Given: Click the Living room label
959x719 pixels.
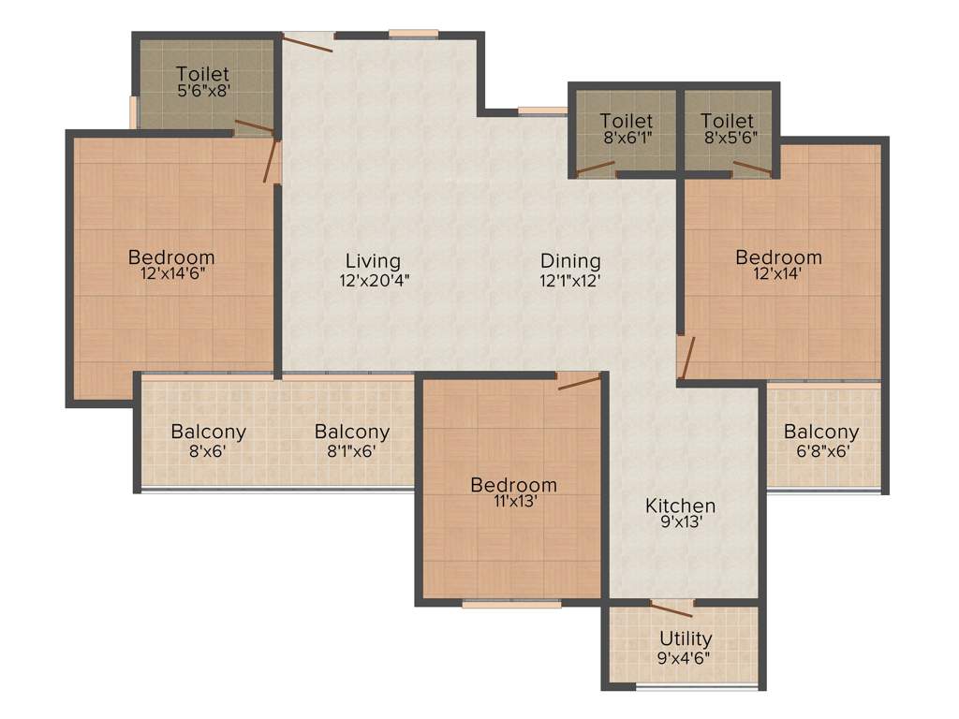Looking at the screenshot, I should pyautogui.click(x=373, y=261).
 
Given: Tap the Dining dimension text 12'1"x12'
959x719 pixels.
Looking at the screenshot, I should pyautogui.click(x=569, y=279).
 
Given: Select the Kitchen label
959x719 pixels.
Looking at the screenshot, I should pyautogui.click(x=680, y=506).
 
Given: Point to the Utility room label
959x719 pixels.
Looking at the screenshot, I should pyautogui.click(x=686, y=638).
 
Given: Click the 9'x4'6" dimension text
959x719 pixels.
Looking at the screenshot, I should pyautogui.click(x=685, y=656).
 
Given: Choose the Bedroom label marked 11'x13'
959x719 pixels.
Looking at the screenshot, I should pyautogui.click(x=513, y=485).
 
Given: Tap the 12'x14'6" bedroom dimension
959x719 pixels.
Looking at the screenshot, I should pyautogui.click(x=171, y=273).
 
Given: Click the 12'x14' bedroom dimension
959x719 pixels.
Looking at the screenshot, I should pyautogui.click(x=778, y=274).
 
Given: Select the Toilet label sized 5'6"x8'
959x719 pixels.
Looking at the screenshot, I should pyautogui.click(x=202, y=74).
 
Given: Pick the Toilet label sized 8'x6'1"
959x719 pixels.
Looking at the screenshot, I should pyautogui.click(x=627, y=121).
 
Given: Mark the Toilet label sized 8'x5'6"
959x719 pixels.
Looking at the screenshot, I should pyautogui.click(x=727, y=121).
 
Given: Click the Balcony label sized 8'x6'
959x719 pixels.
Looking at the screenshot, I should pyautogui.click(x=208, y=432).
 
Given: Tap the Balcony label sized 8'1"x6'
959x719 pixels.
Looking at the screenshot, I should pyautogui.click(x=352, y=432).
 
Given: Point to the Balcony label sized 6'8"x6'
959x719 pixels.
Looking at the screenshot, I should pyautogui.click(x=821, y=432).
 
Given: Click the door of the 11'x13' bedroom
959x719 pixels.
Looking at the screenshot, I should pyautogui.click(x=579, y=381).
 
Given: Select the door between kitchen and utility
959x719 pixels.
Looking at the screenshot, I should pyautogui.click(x=671, y=609).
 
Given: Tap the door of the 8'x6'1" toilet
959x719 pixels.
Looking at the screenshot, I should pyautogui.click(x=596, y=169).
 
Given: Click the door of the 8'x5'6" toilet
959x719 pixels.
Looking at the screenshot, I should pyautogui.click(x=752, y=169).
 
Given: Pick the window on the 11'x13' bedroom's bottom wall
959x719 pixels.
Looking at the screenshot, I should pyautogui.click(x=511, y=605).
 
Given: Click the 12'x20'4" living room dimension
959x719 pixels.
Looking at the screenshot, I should pyautogui.click(x=375, y=279).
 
